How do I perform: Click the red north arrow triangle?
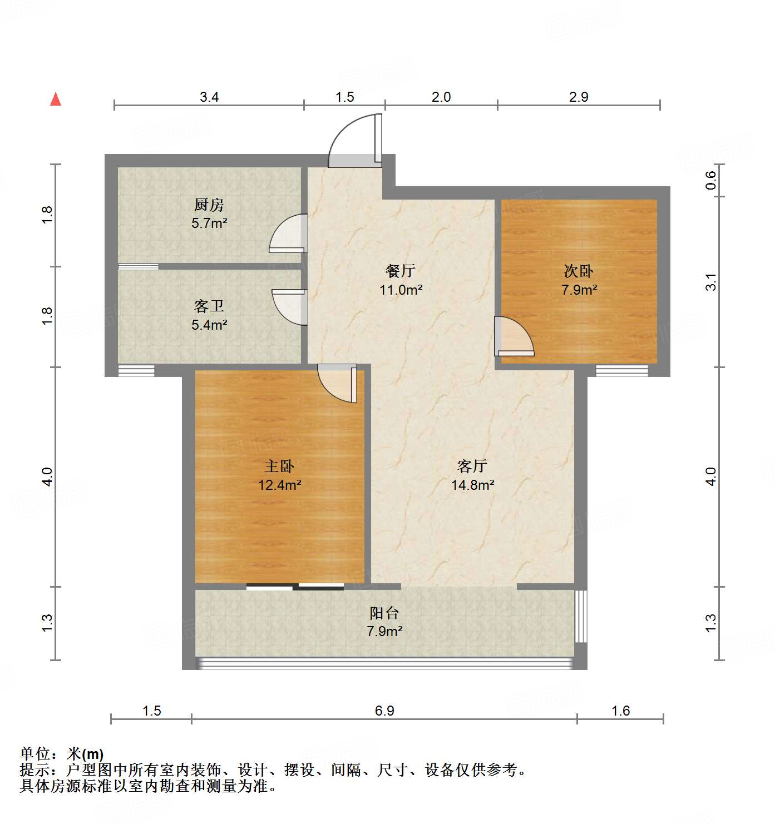pyautogui.click(x=56, y=100)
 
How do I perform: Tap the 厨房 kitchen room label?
pyautogui.click(x=209, y=205)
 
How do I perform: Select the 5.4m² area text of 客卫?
pyautogui.click(x=209, y=325)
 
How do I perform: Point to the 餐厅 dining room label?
pyautogui.click(x=401, y=271)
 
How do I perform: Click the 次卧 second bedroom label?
pyautogui.click(x=579, y=271)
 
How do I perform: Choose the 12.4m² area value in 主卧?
pyautogui.click(x=279, y=485)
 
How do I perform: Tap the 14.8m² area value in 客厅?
pyautogui.click(x=472, y=485)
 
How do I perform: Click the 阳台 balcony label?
pyautogui.click(x=384, y=613)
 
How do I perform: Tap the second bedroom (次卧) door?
pyautogui.click(x=514, y=337)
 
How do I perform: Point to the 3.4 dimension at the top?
pyautogui.click(x=209, y=97)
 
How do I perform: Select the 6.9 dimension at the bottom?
pyautogui.click(x=384, y=711)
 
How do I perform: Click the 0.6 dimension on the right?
pyautogui.click(x=711, y=180)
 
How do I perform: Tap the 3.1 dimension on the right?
pyautogui.click(x=711, y=282)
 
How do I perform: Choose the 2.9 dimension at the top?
pyautogui.click(x=579, y=97)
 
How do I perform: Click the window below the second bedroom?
pyautogui.click(x=622, y=370)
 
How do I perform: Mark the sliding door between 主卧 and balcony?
pyautogui.click(x=295, y=586)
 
